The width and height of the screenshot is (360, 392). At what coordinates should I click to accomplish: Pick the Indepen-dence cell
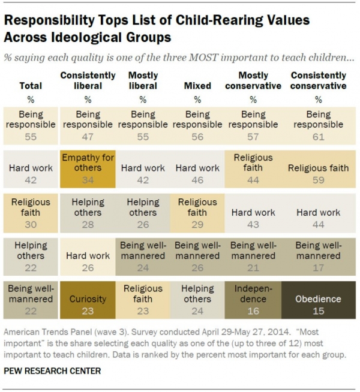tap(253, 299)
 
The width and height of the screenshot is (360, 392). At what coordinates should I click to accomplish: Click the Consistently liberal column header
tap(88, 80)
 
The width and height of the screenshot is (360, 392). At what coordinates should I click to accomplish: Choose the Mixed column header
tap(197, 86)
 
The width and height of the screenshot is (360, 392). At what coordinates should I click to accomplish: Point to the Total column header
tap(31, 86)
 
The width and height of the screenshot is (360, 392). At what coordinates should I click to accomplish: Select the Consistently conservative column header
tap(318, 80)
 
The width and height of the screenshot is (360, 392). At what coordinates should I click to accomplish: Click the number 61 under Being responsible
tap(318, 137)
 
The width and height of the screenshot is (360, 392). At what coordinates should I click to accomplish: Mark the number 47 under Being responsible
tap(88, 137)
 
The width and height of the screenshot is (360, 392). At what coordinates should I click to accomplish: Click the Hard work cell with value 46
tap(197, 174)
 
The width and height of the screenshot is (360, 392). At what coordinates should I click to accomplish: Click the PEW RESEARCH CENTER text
tap(53, 371)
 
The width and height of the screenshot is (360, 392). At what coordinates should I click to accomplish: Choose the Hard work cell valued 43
tap(253, 218)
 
